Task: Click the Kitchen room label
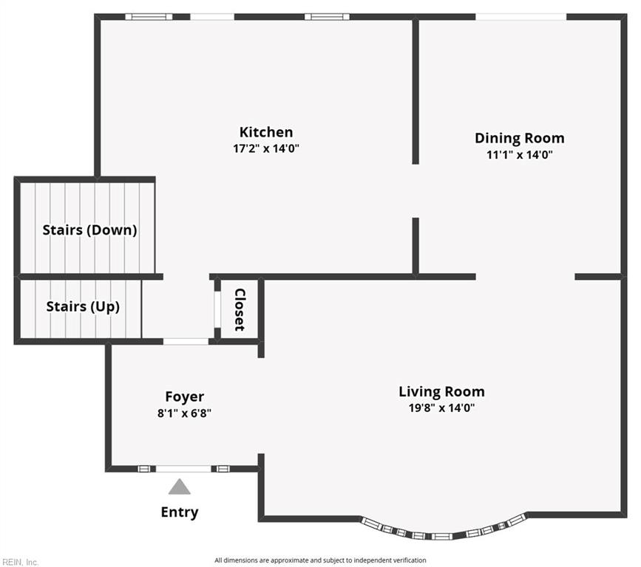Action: click(266, 132)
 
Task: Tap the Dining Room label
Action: click(520, 138)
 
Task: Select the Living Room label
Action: click(441, 391)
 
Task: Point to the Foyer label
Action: click(184, 396)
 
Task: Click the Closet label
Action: click(240, 309)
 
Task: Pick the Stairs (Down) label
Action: click(89, 230)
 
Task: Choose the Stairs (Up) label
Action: click(83, 306)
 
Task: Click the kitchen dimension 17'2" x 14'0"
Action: click(266, 148)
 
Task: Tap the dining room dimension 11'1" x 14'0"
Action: click(520, 155)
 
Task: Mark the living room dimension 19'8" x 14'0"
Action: click(441, 408)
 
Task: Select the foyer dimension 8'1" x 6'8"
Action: click(184, 413)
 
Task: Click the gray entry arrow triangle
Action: click(180, 487)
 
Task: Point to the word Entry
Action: click(180, 512)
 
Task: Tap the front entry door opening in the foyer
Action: click(183, 469)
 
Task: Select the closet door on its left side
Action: click(217, 309)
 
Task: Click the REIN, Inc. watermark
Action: click(20, 562)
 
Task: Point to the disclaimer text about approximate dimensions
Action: click(320, 560)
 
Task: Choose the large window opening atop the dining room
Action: click(520, 17)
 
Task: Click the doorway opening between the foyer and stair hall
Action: click(186, 341)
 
